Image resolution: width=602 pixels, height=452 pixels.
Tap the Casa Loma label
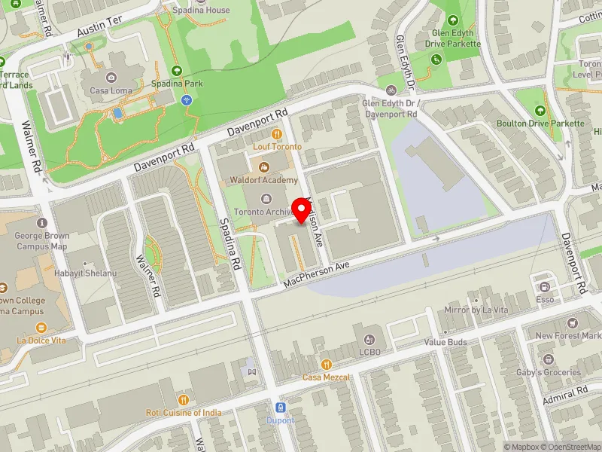click(111, 90)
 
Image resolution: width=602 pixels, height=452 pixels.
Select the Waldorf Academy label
click(264, 181)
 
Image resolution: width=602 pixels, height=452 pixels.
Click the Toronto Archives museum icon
click(264, 198)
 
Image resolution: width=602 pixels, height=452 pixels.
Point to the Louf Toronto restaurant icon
click(277, 134)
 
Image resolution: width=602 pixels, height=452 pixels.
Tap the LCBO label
click(369, 352)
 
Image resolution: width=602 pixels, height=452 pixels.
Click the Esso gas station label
click(546, 299)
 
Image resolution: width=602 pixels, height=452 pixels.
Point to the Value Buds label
click(445, 342)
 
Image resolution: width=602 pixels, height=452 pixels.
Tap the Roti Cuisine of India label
click(184, 413)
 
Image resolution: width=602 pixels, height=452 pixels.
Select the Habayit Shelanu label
click(84, 273)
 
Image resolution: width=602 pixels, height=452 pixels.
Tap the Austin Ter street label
click(99, 31)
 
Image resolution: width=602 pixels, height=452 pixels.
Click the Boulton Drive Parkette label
click(540, 123)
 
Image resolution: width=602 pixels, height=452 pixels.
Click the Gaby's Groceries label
click(547, 372)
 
